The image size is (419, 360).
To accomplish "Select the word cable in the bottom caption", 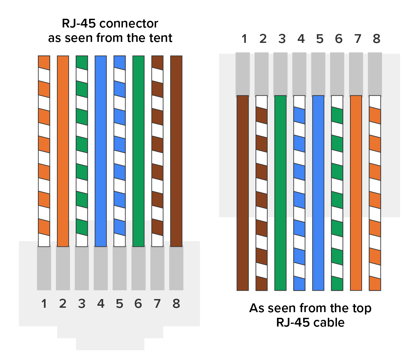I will click(x=330, y=322).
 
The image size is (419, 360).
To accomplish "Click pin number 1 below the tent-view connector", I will click(x=44, y=304).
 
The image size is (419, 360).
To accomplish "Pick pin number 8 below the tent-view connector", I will click(x=176, y=304).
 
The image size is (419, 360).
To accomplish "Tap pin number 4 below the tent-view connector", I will click(x=100, y=304).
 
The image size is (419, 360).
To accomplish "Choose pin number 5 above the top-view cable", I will click(x=320, y=39).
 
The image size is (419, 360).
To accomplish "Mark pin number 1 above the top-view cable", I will click(x=244, y=39).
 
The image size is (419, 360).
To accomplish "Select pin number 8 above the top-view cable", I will click(x=376, y=39).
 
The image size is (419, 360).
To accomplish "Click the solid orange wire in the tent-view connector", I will click(x=63, y=151).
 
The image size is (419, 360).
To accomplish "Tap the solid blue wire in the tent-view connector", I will click(x=101, y=151).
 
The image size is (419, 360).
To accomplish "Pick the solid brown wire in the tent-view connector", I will click(x=176, y=151).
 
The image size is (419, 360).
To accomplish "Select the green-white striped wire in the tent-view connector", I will click(x=82, y=151).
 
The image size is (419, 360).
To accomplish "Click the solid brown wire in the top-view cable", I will click(x=243, y=193).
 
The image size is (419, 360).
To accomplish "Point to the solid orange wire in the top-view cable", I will click(x=356, y=193).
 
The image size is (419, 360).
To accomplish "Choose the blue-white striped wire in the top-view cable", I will click(x=299, y=193).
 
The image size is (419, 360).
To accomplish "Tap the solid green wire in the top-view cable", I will click(x=280, y=193).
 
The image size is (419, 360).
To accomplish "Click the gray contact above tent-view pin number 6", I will click(x=138, y=268).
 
